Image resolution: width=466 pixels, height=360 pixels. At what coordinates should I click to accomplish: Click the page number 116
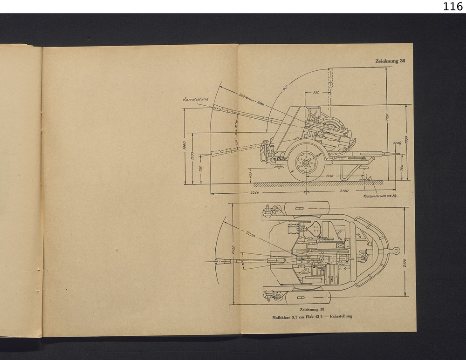coord(453,7)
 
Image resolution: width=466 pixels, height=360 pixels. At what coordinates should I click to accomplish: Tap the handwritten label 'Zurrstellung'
coord(195,99)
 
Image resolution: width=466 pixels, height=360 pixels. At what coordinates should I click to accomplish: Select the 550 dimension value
coord(316,93)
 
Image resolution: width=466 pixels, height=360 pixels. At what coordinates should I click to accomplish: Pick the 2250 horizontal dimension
coord(254,192)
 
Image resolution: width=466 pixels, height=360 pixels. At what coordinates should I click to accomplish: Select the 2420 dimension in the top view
coord(233,252)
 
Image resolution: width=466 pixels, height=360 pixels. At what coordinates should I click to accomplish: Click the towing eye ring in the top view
coord(396,251)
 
